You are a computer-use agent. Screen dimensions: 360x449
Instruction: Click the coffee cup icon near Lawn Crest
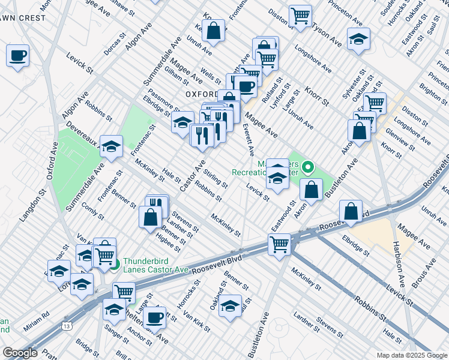[17, 56]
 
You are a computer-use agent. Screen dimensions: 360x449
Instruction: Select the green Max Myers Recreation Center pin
[309, 167]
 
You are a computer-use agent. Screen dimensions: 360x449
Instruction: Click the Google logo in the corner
[21, 353]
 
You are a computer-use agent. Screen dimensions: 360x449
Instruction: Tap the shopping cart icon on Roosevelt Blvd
[280, 244]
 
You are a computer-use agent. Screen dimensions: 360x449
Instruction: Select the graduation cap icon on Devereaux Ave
[111, 146]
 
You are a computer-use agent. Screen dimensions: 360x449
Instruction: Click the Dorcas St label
[115, 44]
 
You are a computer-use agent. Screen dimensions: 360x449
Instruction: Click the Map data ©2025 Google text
[411, 355]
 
